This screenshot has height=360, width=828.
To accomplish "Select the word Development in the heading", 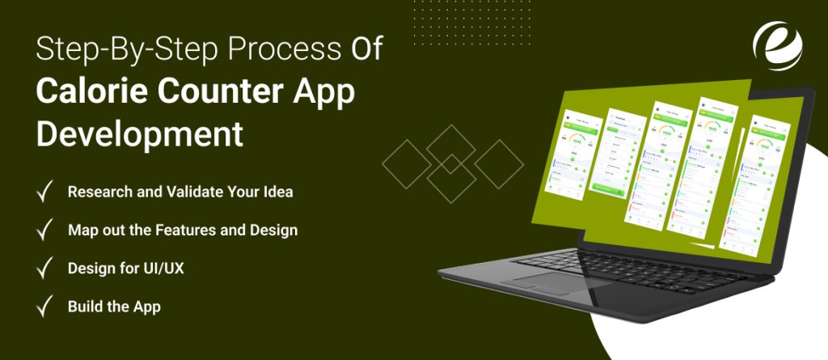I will click(139, 133).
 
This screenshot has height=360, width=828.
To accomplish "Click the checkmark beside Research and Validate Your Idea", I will click(45, 193).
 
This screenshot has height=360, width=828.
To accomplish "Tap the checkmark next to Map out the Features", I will click(45, 231).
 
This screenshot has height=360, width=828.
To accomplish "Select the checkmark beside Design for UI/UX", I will click(45, 269).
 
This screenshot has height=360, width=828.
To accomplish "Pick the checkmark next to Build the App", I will click(45, 307).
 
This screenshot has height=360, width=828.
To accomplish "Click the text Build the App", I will click(114, 307).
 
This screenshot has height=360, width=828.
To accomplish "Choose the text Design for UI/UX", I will click(125, 269).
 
